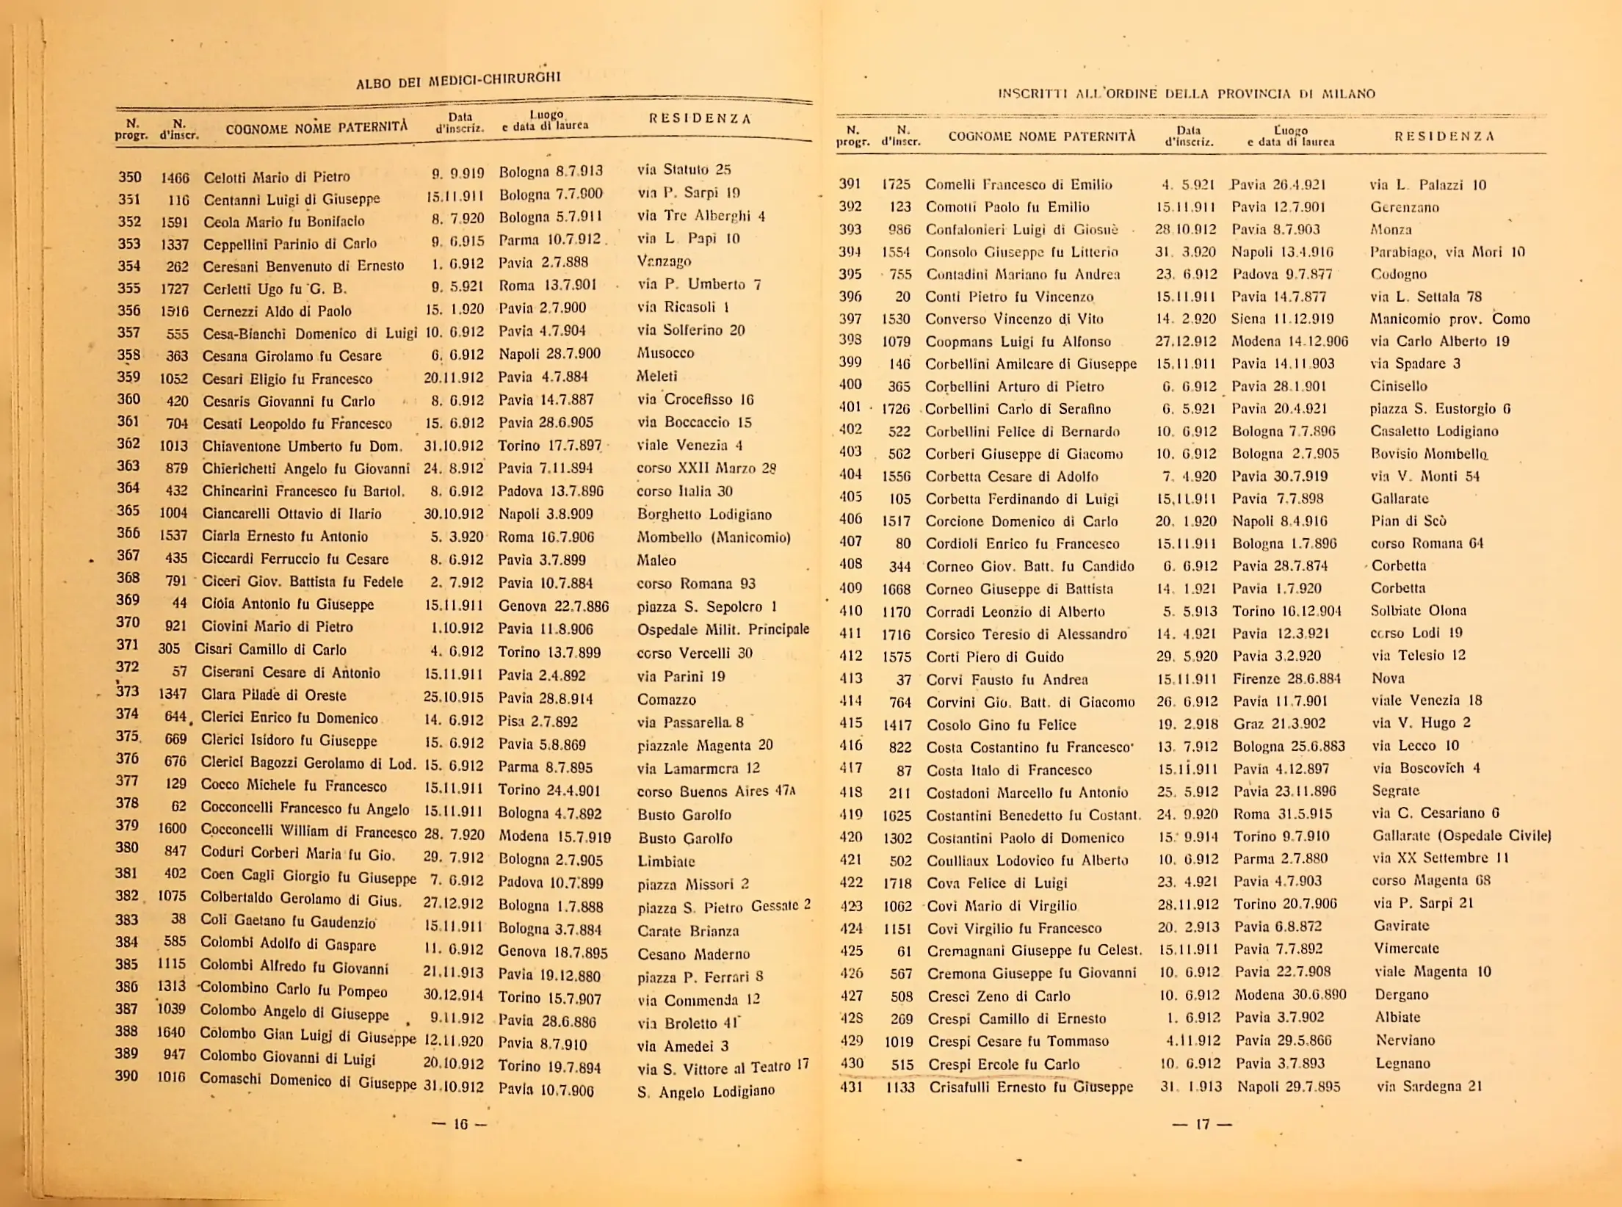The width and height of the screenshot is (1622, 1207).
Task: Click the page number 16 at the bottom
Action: [x=460, y=1124]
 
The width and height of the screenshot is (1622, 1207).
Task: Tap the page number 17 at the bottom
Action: [x=1203, y=1123]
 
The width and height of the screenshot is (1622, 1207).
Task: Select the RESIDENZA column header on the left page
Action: [x=700, y=119]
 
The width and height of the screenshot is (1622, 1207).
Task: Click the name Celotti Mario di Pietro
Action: [x=276, y=177]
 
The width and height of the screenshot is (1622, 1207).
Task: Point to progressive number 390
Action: [x=126, y=1076]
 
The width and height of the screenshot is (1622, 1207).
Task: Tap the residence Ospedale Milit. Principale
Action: [x=723, y=629]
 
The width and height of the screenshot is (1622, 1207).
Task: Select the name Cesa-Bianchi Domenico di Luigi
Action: [x=310, y=333]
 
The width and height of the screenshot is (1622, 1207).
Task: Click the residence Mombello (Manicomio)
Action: [x=713, y=537]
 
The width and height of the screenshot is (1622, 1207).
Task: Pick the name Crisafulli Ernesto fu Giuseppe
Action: [x=1031, y=1087]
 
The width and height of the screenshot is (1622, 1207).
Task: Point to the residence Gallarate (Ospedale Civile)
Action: [x=1461, y=836]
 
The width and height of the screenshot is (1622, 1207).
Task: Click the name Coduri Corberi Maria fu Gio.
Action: [x=298, y=853]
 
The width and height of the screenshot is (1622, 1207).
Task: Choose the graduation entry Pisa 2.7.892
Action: [x=537, y=721]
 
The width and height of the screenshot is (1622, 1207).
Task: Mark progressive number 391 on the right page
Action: [x=850, y=184]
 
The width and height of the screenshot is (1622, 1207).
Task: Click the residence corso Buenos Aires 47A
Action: [x=716, y=791]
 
